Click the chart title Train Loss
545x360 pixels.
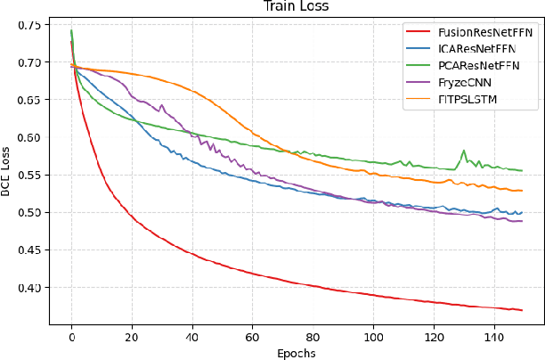tap(296, 7)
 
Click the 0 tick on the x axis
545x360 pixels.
tap(71, 339)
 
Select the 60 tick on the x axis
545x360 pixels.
tap(252, 339)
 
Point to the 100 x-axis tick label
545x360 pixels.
tap(373, 339)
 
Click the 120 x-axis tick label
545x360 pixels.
tap(434, 339)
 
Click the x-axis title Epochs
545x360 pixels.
tap(296, 353)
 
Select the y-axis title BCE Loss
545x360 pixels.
tap(8, 172)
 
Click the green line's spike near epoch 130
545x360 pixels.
tap(463, 151)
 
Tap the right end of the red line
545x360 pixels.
tap(521, 310)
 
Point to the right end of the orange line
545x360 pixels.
tap(521, 191)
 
